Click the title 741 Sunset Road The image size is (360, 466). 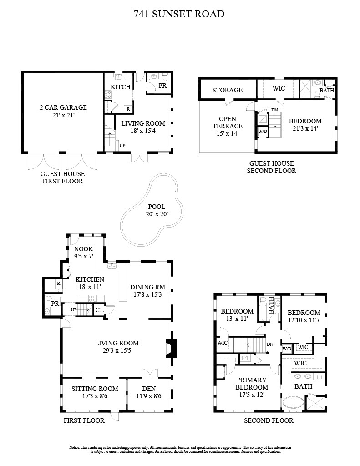point(179,14)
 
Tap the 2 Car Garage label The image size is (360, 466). point(63,107)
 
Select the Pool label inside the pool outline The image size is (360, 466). point(157,207)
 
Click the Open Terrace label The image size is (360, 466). point(228,122)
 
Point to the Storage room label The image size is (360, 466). point(228,90)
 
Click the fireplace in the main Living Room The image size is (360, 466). point(172,348)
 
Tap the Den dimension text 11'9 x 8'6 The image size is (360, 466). point(149,396)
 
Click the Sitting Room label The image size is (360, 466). point(95,389)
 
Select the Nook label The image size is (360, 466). point(84,249)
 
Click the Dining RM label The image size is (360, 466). point(148,287)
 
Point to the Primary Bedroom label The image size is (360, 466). point(252,383)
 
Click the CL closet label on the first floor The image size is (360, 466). point(100,310)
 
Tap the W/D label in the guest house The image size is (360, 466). point(263,131)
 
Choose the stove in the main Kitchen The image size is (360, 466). point(92,299)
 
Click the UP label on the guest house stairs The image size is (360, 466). point(122,145)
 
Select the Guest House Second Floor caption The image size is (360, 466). point(271,167)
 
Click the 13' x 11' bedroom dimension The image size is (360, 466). point(237,319)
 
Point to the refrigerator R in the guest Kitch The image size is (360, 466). point(128,109)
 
